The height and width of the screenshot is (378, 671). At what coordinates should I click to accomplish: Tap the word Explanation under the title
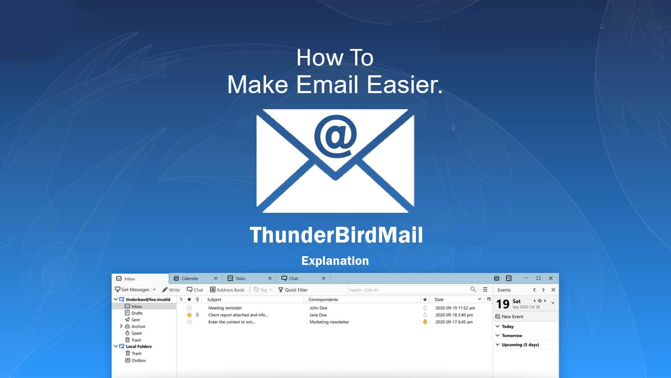(335, 261)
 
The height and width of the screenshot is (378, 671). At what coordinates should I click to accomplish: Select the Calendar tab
(190, 279)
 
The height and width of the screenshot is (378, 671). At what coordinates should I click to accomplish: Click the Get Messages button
(132, 290)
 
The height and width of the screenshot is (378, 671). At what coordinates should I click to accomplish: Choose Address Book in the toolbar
(227, 290)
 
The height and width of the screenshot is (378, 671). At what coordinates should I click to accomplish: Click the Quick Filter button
(293, 290)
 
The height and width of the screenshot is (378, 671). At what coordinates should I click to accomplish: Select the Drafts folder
(137, 313)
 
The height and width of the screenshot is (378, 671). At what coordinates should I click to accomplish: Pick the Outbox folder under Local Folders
(139, 360)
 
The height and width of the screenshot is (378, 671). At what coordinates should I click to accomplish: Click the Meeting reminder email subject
(225, 308)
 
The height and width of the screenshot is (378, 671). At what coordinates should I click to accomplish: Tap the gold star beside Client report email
(189, 315)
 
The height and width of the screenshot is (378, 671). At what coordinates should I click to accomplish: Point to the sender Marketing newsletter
(329, 322)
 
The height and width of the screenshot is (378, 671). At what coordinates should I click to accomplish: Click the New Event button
(509, 317)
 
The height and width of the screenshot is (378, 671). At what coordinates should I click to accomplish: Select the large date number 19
(503, 304)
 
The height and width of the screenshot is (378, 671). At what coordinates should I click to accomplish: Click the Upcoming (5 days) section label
(520, 345)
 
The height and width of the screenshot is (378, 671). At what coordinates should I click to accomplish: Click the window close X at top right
(551, 278)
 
